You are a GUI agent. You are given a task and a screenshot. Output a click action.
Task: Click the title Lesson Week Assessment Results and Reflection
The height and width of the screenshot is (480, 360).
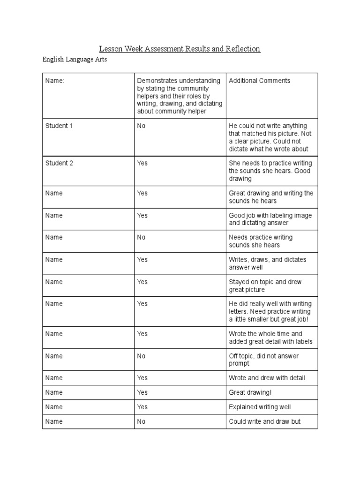pos(179,49)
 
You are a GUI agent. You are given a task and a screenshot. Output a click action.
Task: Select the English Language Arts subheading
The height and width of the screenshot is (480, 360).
pos(75,60)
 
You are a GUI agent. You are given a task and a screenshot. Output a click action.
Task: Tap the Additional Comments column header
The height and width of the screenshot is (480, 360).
pos(259,81)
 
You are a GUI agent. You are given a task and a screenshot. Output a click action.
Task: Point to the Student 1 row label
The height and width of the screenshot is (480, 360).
pos(59,126)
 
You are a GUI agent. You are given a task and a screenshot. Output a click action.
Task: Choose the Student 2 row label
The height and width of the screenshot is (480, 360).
pos(59,163)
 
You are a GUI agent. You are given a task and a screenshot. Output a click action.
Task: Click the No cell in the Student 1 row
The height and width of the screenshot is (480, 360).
pos(142,126)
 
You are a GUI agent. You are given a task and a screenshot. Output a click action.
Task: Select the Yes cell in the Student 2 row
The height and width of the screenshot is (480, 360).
pos(142,163)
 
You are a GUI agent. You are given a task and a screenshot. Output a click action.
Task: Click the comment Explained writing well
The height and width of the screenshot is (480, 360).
pos(260,407)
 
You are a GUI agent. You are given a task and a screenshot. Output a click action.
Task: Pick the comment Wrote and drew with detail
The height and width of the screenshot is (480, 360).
pos(266,378)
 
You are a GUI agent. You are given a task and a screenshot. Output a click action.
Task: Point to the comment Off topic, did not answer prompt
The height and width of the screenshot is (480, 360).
pos(263,360)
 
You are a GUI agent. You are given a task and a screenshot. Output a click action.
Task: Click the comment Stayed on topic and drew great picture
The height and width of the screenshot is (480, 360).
pos(265,285)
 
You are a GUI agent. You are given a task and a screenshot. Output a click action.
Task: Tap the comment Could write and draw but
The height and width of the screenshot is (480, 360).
pos(264,421)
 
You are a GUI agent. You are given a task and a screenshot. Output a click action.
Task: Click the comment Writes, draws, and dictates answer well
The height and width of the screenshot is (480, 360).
pos(267,263)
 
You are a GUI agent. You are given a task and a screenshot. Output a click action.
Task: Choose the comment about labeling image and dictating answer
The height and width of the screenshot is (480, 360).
pos(270,219)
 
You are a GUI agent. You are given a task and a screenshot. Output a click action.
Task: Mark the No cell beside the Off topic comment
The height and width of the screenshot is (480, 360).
pos(142,356)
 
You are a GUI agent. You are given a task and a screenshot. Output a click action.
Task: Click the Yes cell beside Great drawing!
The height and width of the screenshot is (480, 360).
pos(142,392)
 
